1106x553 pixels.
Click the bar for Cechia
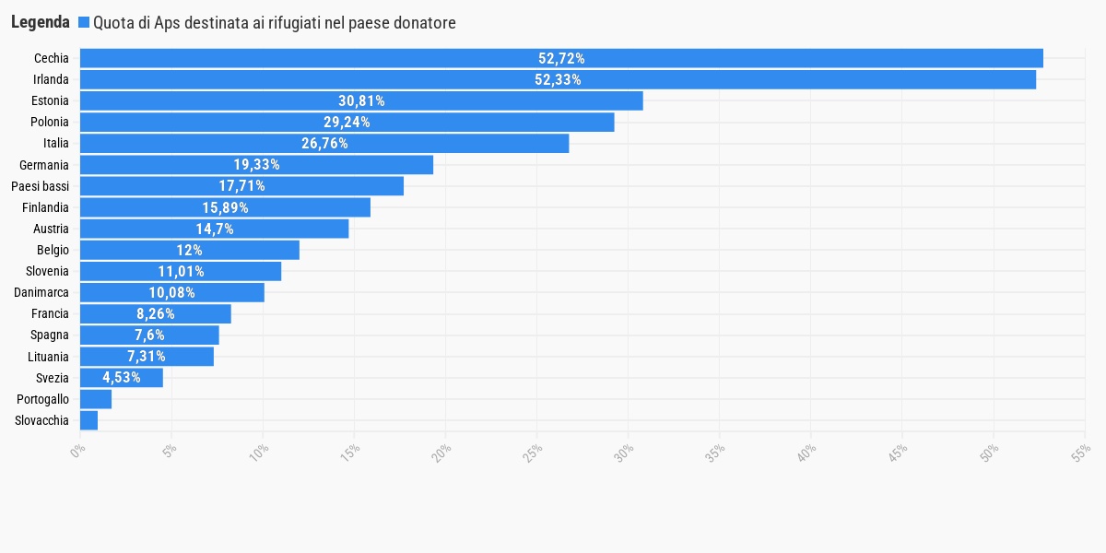561,58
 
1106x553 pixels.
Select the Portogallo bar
96,399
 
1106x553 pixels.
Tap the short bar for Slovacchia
88,420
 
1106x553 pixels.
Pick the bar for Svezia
122,378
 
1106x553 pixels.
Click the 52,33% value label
558,79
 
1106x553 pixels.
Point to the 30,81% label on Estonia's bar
361,100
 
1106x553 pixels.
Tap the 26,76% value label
324,143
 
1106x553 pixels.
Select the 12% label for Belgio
190,250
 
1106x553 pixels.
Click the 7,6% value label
149,335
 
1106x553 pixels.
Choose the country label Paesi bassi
40,186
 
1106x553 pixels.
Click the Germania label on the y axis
44,165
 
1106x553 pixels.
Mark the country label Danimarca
41,292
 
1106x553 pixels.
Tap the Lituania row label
48,357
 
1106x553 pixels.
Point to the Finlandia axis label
45,207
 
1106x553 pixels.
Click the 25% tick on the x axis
533,453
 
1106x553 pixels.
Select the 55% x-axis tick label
1081,453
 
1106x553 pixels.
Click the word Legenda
41,22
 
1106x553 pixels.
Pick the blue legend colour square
84,22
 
